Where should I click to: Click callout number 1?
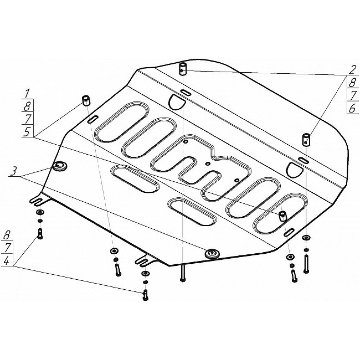[27, 94]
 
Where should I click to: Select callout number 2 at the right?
[351, 70]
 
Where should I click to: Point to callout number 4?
[7, 261]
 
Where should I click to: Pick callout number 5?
[27, 132]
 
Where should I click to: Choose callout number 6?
[352, 108]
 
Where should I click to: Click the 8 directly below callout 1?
[27, 106]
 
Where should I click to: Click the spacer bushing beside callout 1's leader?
[86, 100]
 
